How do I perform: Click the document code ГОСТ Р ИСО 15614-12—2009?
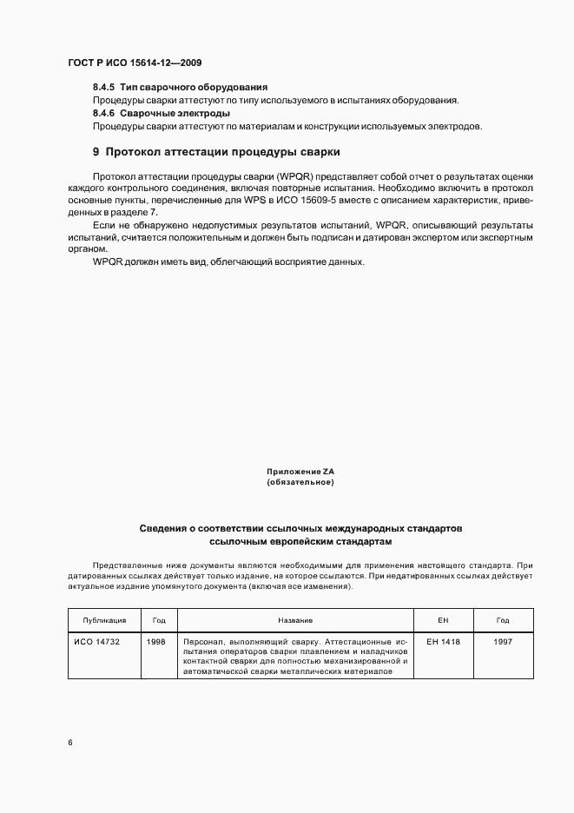coord(135,63)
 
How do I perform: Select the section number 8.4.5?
coord(104,87)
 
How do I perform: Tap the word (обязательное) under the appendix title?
coord(300,482)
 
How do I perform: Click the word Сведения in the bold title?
coord(165,528)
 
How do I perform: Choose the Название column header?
coord(295,620)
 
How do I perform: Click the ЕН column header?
coord(443,620)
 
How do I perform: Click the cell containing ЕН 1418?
coord(443,641)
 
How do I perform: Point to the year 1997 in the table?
coord(503,641)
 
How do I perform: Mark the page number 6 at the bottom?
coord(70,742)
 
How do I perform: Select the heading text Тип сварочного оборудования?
coord(193,87)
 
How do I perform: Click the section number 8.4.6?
coord(104,113)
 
